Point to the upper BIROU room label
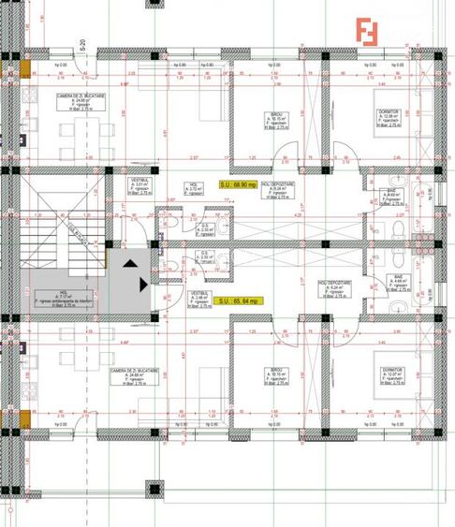tap(276, 124)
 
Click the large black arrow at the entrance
tap(142, 282)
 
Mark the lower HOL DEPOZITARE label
tap(333, 287)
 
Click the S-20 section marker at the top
tap(82, 43)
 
